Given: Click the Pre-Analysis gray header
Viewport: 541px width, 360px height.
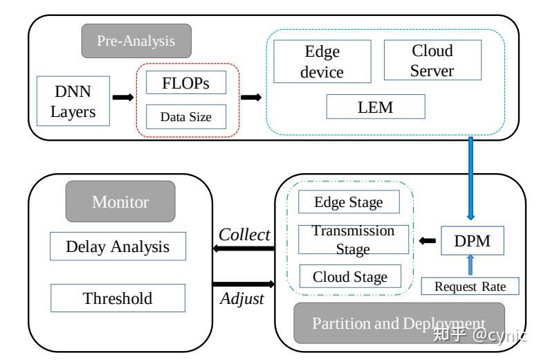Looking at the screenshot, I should point(136,40).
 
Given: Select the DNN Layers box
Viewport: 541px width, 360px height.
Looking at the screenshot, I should point(73,101).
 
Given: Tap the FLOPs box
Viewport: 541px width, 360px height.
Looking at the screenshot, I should point(187,83).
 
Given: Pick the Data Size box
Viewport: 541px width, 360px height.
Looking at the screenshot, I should point(187,116).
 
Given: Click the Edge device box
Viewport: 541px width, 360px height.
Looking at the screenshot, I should point(322,62).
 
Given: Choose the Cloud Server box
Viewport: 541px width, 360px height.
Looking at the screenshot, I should point(432,61).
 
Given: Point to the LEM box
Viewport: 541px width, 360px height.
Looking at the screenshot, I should point(376,107).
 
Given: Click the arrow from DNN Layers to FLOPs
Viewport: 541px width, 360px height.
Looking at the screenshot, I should point(122,97).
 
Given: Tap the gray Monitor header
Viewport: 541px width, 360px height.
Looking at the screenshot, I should point(120,201).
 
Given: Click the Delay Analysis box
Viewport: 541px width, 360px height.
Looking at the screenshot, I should point(118,246).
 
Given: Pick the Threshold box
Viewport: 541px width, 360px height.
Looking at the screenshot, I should point(118,298).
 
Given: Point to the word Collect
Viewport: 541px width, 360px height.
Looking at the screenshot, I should point(244,235).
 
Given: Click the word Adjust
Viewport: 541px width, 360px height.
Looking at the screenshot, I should point(242,300).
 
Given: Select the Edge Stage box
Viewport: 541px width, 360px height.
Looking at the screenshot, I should point(349,202).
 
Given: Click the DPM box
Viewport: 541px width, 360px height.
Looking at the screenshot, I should point(472,240).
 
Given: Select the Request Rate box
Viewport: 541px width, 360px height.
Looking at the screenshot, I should point(470,286).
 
